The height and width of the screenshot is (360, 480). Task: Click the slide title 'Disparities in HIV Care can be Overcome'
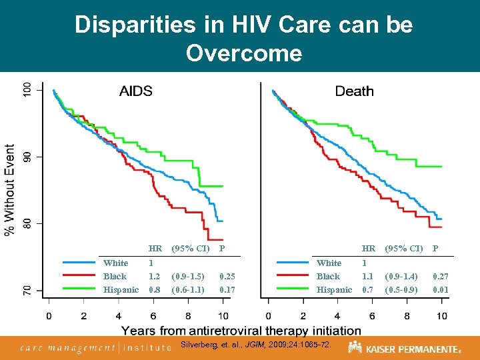tap(243, 38)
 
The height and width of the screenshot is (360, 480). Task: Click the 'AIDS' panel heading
tap(136, 91)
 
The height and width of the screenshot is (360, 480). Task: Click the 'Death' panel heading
tap(354, 91)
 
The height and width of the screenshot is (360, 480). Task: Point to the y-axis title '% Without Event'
tap(11, 189)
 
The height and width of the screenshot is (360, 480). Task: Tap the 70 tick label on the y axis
tap(27, 290)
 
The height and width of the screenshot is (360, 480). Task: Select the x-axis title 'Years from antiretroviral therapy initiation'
tap(241, 330)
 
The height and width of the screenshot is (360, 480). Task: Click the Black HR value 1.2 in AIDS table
tap(154, 276)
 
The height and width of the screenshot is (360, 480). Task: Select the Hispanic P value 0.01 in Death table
tap(441, 289)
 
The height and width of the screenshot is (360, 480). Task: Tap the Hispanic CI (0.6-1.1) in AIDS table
tap(187, 289)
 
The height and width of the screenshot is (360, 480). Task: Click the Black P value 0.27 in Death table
tap(441, 276)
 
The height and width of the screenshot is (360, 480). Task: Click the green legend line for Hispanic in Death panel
tap(293, 289)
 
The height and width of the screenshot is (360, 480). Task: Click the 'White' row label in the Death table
tap(329, 263)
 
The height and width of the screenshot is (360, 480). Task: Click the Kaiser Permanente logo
tap(404, 348)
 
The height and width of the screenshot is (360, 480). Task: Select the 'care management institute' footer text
tap(95, 347)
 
